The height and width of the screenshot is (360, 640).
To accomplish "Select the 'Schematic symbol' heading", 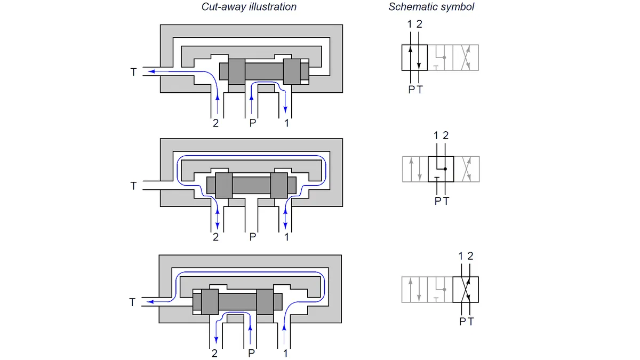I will pyautogui.click(x=431, y=7).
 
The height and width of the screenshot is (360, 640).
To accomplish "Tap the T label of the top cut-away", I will pyautogui.click(x=133, y=71).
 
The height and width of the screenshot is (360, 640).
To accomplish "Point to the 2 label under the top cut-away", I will pyautogui.click(x=215, y=123).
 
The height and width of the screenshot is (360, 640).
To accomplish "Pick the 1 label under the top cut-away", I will pyautogui.click(x=287, y=123).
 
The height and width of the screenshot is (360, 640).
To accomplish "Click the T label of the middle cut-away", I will pyautogui.click(x=133, y=186).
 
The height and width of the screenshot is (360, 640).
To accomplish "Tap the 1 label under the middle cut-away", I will pyautogui.click(x=287, y=237).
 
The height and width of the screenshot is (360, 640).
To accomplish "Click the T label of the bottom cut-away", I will pyautogui.click(x=133, y=302).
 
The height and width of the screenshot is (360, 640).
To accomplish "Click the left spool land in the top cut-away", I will pyautogui.click(x=237, y=71).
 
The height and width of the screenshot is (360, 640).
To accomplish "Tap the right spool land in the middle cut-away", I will pyautogui.click(x=279, y=185).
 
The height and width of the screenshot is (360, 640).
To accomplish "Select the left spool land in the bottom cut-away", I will pyautogui.click(x=210, y=301).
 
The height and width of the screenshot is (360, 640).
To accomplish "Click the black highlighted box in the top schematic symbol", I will pyautogui.click(x=414, y=58).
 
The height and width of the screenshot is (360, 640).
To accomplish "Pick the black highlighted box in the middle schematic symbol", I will pyautogui.click(x=441, y=169).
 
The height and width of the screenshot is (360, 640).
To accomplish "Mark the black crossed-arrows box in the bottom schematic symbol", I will pyautogui.click(x=465, y=290).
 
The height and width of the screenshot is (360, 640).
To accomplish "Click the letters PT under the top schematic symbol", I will pyautogui.click(x=415, y=90).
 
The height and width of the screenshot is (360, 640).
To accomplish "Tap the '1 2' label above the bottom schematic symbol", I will pyautogui.click(x=465, y=256).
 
